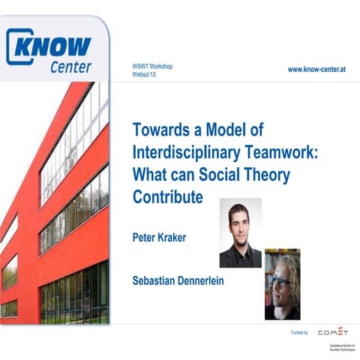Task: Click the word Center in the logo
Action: click(70, 67)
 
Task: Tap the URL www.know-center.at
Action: click(321, 69)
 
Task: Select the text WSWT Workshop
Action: click(152, 66)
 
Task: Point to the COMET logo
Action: click(333, 331)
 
